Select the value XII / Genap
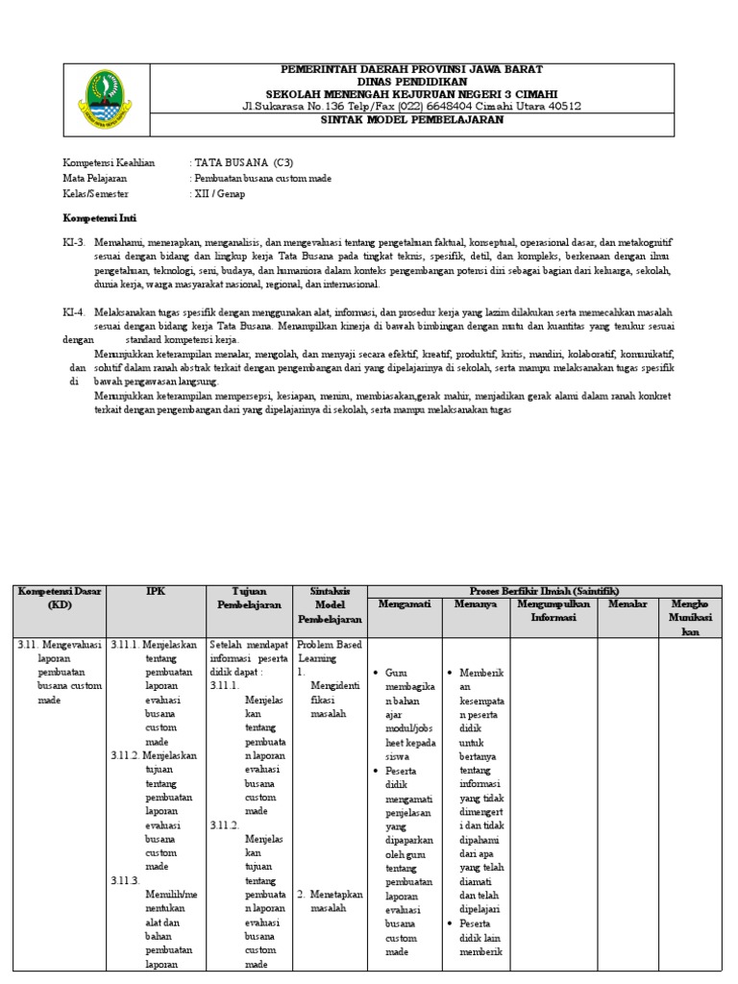[219, 193]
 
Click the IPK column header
[156, 592]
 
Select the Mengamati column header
[405, 604]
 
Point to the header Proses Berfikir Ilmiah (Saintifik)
[544, 590]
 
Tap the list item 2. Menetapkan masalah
[330, 900]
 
